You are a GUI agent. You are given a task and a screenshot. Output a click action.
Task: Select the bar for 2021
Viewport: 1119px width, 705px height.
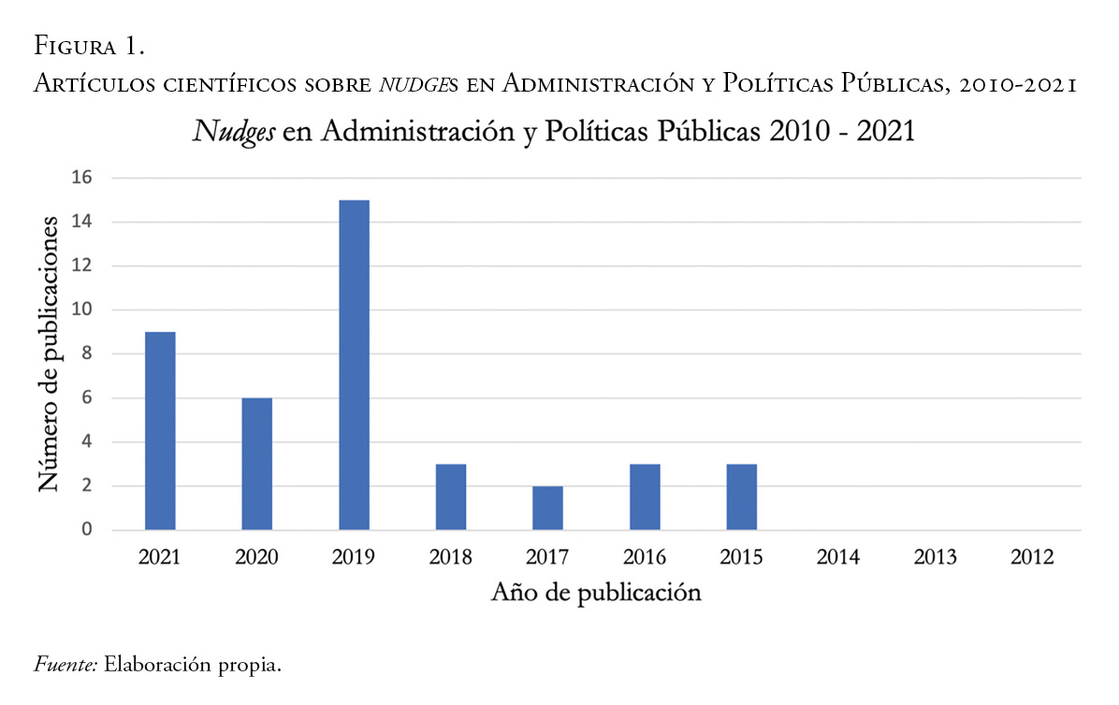pyautogui.click(x=160, y=431)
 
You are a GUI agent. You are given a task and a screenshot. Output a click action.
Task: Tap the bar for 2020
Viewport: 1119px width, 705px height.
pyautogui.click(x=256, y=464)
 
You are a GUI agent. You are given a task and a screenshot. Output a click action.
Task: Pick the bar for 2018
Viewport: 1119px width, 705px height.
pyautogui.click(x=451, y=496)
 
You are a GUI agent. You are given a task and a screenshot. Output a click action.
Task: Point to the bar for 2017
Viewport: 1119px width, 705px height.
pyautogui.click(x=547, y=508)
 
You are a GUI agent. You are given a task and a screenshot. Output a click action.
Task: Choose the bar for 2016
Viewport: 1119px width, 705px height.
pyautogui.click(x=645, y=496)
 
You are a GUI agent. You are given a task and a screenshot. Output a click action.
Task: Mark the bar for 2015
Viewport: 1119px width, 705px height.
pyautogui.click(x=741, y=496)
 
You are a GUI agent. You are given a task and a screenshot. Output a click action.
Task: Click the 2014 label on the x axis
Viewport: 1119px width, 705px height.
pyautogui.click(x=838, y=557)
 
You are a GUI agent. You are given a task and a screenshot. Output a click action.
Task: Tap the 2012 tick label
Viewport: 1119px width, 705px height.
pyautogui.click(x=1032, y=557)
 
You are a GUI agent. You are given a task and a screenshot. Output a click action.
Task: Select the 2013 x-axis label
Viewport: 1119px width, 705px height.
pyautogui.click(x=936, y=557)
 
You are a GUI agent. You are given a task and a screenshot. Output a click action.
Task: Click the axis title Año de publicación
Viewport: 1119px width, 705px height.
pyautogui.click(x=596, y=593)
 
